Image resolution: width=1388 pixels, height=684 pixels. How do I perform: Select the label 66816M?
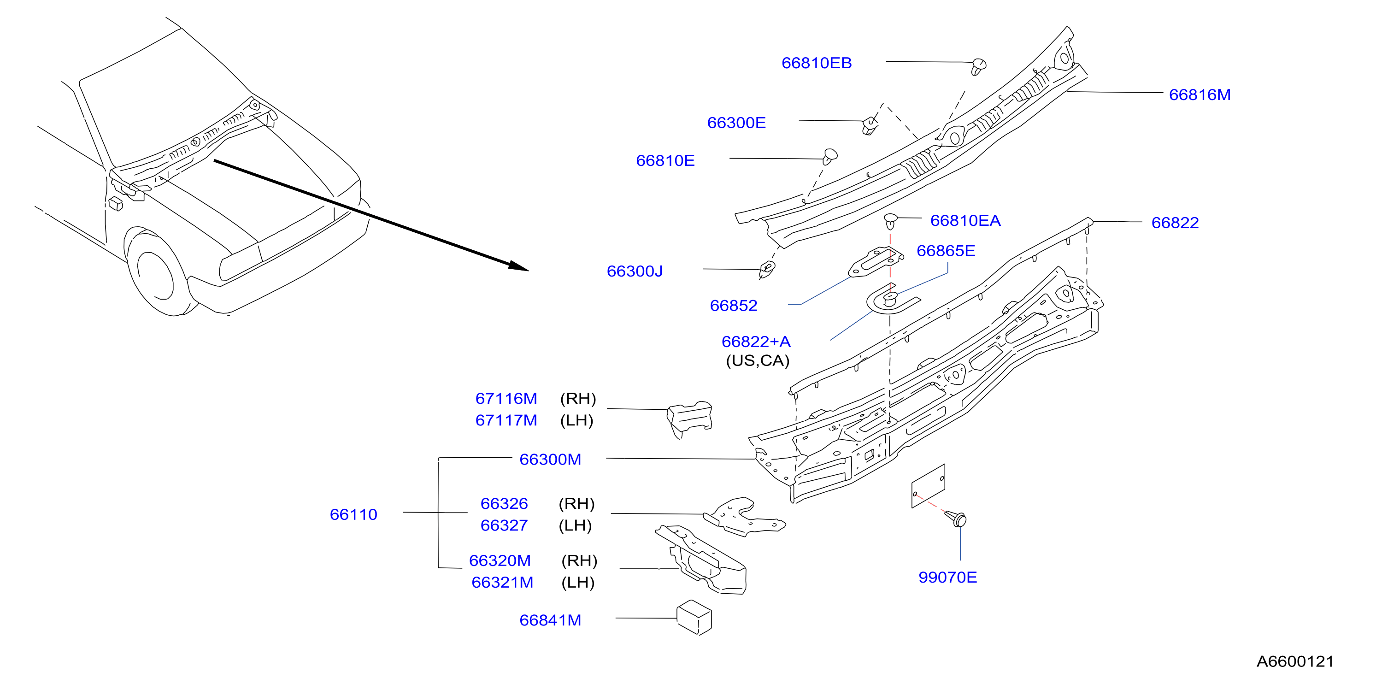pos(1200,95)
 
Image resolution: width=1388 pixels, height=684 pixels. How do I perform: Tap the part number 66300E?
pos(736,123)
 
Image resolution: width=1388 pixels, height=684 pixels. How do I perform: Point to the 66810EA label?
pos(965,220)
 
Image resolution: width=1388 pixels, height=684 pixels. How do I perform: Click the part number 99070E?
pos(947,577)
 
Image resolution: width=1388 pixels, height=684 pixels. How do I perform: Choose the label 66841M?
pos(550,620)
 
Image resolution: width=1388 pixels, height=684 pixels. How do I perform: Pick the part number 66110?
pos(353,515)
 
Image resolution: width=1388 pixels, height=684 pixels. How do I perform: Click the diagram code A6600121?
pos(1295,661)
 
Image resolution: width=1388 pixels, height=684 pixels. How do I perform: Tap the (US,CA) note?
pos(758,360)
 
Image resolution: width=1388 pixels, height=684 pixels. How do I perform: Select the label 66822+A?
pos(756,342)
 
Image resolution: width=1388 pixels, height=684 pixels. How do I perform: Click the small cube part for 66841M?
pos(694,617)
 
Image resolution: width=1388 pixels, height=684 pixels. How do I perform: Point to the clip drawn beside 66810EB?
pos(978,66)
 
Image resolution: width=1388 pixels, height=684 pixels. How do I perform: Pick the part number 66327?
pos(504,525)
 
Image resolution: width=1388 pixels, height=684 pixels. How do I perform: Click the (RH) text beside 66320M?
pos(579,561)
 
